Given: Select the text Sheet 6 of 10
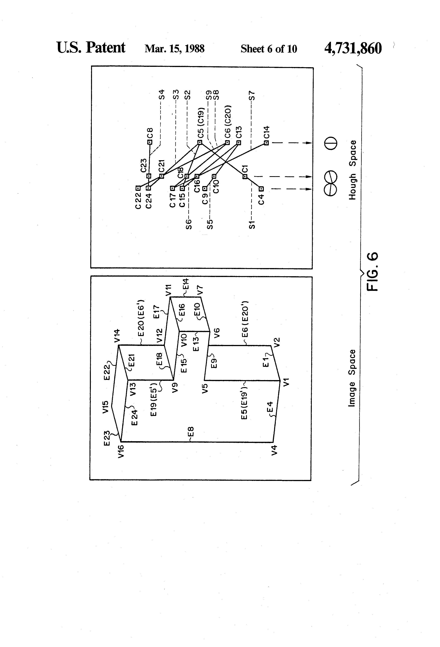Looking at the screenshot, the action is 269,49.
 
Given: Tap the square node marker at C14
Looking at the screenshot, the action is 266,143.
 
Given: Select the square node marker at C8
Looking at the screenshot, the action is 150,142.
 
